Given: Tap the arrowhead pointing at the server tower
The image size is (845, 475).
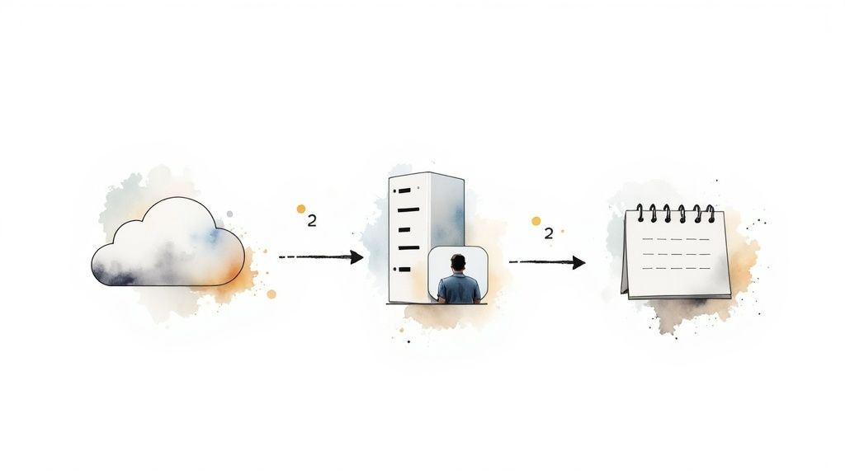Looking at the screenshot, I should coord(356,257).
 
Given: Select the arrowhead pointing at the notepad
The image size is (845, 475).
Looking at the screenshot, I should coord(578,262).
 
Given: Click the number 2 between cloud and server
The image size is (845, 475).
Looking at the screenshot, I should coord(311,221).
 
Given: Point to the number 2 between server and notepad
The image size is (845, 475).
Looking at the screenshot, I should coord(548,233).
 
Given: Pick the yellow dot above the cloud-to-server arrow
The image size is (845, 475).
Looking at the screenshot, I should coord(301,209).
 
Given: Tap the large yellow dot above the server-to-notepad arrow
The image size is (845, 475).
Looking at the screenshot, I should coord(536,221).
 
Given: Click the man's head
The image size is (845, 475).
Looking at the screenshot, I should coord(459,263).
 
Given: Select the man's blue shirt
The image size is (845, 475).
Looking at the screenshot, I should coord(459,289).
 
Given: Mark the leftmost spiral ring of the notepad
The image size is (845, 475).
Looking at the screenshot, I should coord(640,213).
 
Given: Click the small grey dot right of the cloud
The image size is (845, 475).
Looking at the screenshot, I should coord(229,214).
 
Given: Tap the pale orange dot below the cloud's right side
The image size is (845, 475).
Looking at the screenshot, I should coord(271,294).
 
